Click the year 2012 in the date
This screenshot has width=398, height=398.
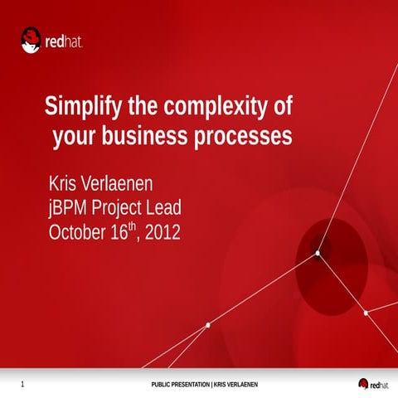tap(163, 232)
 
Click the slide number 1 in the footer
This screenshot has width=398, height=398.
tap(22, 384)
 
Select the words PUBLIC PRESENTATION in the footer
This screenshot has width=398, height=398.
tap(181, 385)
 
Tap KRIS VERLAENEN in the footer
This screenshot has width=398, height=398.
tap(236, 385)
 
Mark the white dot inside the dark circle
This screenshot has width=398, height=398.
tap(318, 253)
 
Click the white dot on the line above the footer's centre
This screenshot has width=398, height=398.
tap(207, 325)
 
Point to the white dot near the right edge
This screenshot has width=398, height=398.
tap(366, 313)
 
